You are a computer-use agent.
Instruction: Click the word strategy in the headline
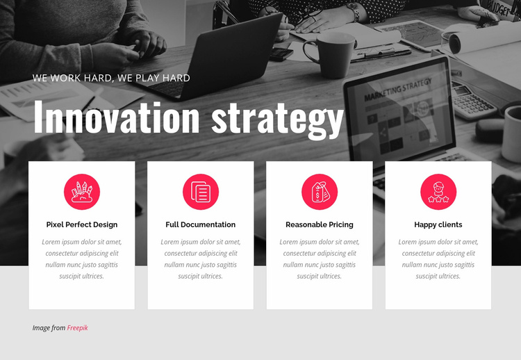(277, 120)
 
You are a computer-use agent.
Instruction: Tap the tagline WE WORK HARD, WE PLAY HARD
(111, 78)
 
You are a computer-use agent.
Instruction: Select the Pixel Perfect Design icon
(82, 192)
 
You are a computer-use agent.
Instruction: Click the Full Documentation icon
(201, 192)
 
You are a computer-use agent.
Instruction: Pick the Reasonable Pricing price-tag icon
(320, 192)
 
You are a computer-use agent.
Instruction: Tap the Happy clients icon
(438, 192)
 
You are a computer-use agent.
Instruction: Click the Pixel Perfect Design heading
(82, 224)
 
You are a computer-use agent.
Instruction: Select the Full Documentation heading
(201, 224)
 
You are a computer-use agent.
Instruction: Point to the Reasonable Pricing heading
(320, 224)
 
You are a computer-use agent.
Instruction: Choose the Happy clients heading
(438, 224)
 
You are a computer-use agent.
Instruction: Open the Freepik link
(78, 328)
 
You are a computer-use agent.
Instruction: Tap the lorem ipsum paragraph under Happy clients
(438, 259)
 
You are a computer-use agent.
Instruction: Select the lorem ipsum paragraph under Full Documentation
(201, 259)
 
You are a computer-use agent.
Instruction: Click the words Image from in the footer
(49, 328)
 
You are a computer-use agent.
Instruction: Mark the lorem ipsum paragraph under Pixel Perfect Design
(82, 259)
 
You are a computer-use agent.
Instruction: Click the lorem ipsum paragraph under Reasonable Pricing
(320, 259)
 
